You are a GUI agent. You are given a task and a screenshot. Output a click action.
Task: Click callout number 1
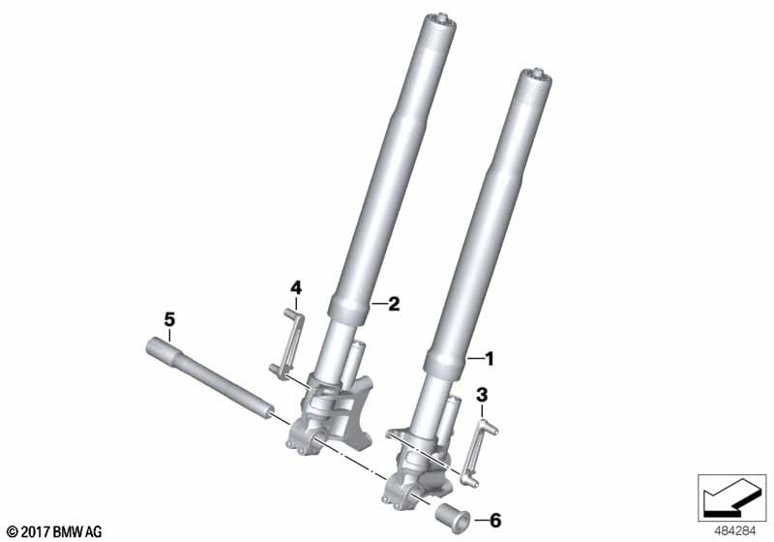click(489, 359)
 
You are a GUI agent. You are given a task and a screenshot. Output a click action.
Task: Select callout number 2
click(394, 304)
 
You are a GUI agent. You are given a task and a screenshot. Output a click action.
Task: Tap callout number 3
click(482, 395)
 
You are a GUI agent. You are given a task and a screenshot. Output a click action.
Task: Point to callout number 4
click(296, 287)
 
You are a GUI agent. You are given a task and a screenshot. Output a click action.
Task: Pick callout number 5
click(169, 319)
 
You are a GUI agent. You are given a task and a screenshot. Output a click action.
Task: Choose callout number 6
click(495, 520)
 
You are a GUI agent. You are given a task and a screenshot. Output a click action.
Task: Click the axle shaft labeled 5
click(210, 377)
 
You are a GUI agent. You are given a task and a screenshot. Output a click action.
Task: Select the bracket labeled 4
click(287, 344)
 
